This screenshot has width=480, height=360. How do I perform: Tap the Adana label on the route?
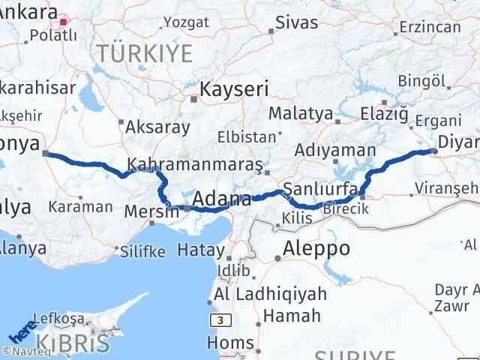click(221, 199)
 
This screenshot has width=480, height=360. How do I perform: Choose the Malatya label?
click(300, 113)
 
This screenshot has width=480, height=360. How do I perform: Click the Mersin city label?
click(152, 211)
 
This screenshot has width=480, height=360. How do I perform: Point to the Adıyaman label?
click(335, 150)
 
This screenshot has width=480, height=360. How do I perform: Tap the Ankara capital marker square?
click(64, 22)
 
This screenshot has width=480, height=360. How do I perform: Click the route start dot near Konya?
click(46, 154)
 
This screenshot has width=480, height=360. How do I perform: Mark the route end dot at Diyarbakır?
click(434, 151)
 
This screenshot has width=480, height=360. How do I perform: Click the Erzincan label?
click(430, 27)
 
